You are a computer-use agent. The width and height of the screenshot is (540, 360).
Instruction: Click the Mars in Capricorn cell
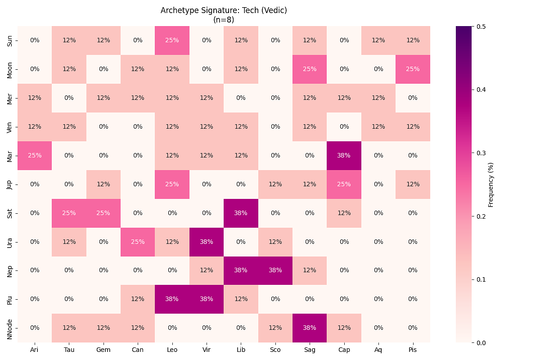point(344,156)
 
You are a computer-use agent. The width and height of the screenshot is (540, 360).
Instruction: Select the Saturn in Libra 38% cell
point(241,213)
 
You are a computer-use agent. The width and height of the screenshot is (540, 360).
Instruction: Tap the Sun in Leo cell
point(172,40)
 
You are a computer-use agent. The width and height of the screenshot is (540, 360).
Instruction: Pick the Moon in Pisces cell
point(413,69)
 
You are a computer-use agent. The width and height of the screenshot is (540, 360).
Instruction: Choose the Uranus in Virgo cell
point(207,242)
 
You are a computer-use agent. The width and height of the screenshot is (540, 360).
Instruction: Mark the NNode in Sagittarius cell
point(310,328)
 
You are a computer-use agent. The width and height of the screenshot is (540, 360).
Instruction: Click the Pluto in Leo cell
point(172,299)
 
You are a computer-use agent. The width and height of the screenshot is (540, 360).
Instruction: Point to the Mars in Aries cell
point(35,156)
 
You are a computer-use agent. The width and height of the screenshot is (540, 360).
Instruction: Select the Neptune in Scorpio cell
point(275,270)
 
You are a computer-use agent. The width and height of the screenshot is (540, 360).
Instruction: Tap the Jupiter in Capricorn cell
point(344,184)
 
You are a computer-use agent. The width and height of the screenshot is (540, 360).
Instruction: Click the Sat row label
point(10,213)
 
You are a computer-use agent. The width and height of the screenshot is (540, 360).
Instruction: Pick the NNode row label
point(10,328)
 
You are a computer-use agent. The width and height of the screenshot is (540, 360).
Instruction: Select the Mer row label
point(10,98)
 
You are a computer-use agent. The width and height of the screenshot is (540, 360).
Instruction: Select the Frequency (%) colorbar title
point(491,184)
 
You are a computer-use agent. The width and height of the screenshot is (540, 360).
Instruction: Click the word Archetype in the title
point(178,10)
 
